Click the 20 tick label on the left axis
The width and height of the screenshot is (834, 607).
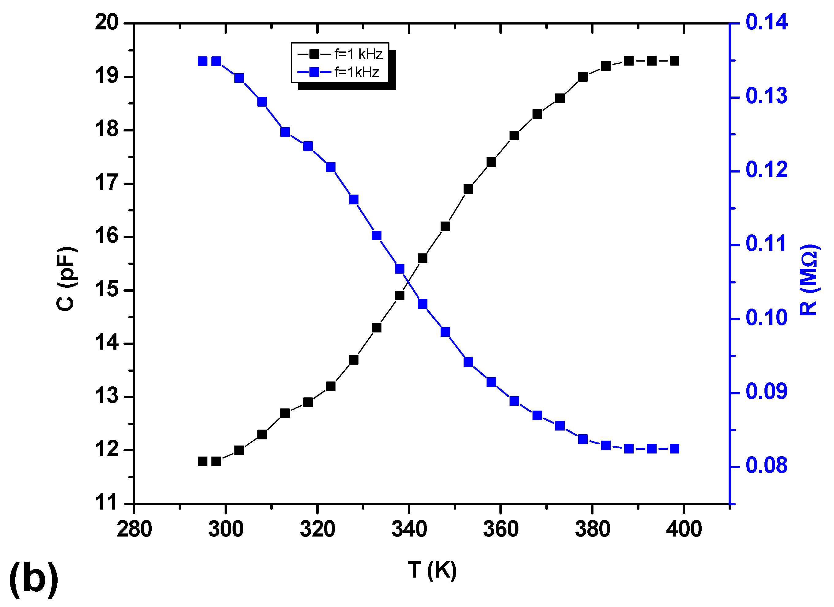[107, 23]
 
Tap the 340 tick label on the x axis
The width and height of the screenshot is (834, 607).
[409, 530]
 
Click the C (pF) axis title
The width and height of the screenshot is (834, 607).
[66, 279]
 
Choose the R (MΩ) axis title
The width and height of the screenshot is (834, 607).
[809, 279]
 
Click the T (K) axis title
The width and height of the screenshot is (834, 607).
[432, 570]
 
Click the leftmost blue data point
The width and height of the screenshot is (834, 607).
[203, 61]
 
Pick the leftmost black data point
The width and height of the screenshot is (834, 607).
[203, 461]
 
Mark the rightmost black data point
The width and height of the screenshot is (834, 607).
[674, 61]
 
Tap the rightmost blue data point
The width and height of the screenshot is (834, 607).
[674, 449]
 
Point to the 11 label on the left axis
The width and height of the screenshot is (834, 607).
[107, 503]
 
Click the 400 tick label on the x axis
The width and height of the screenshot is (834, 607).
[684, 530]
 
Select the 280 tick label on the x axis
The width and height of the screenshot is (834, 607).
[134, 530]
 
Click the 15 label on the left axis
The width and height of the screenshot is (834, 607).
[107, 290]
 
